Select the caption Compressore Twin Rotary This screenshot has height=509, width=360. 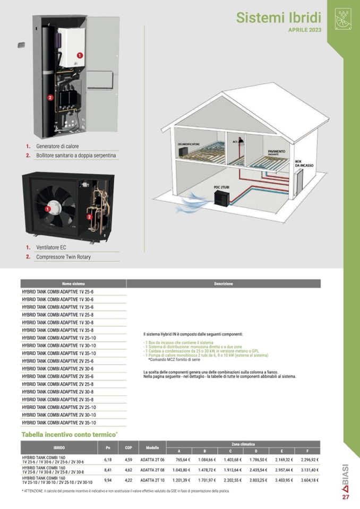(63, 257)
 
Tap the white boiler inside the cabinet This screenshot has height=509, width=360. (69, 48)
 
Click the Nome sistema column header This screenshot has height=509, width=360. (73, 284)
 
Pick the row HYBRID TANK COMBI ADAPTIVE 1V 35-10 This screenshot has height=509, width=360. (59, 353)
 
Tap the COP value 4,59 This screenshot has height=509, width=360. (128, 460)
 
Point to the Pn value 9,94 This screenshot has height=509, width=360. (108, 480)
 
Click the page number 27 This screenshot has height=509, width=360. (346, 497)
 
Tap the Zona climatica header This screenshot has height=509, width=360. (243, 444)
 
